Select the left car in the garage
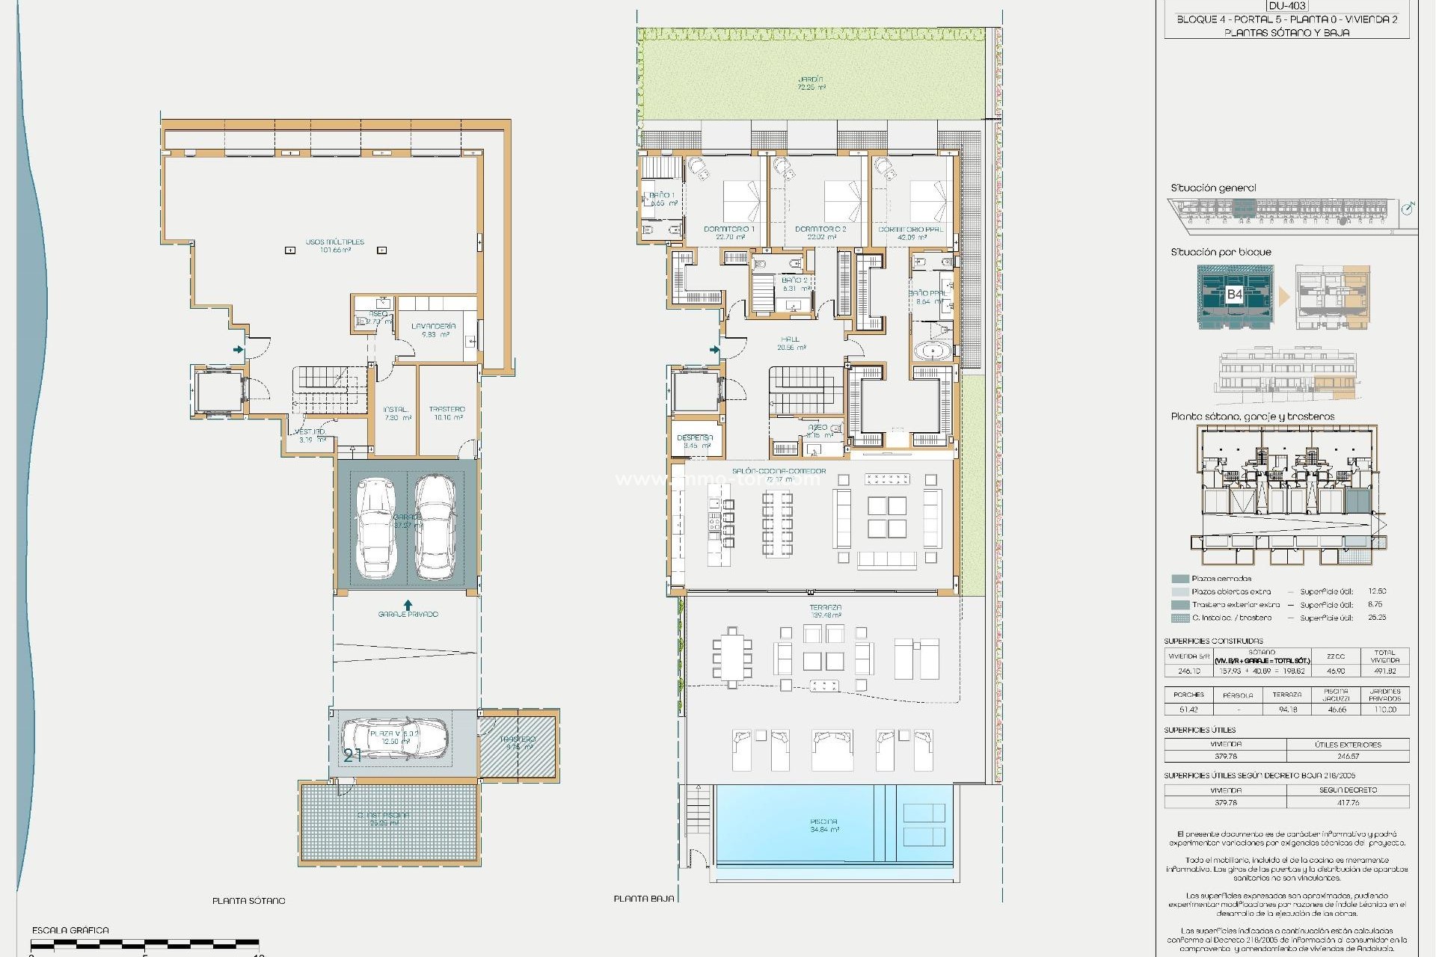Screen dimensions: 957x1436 (x=375, y=528)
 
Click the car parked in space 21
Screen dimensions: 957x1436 (x=395, y=739)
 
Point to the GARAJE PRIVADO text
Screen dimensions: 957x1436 (x=408, y=614)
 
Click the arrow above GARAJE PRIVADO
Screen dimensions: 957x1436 (x=408, y=603)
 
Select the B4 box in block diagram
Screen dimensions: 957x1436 (x=1234, y=294)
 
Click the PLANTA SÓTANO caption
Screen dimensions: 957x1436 (x=248, y=901)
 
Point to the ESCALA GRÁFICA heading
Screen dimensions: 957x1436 (x=70, y=930)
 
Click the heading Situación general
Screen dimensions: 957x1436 (x=1213, y=188)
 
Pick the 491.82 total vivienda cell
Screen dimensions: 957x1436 (x=1384, y=671)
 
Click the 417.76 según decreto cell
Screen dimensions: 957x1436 (x=1348, y=802)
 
